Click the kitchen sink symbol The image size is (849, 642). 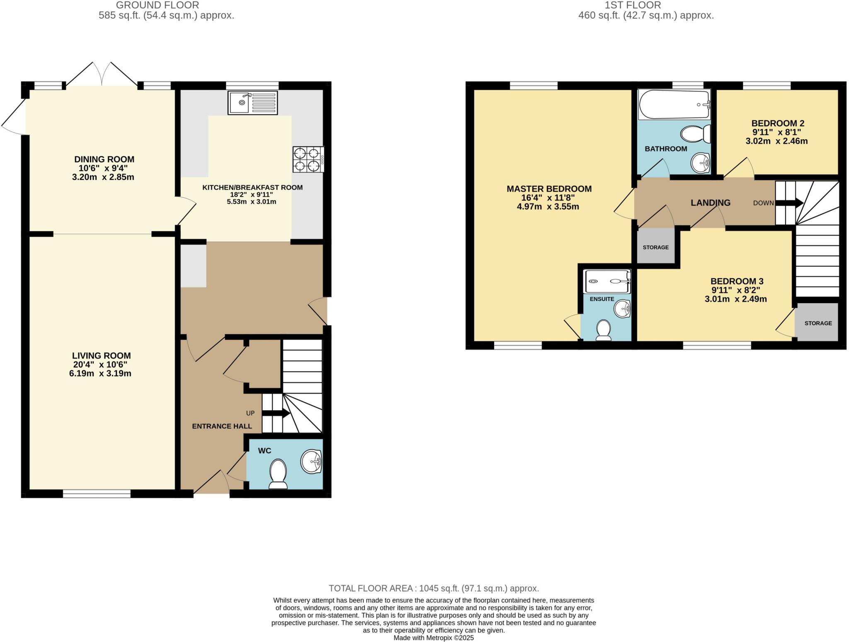252,103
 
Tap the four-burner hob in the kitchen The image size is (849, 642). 308,159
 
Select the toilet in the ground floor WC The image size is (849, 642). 278,475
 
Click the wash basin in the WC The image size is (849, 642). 311,461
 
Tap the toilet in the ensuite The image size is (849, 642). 603,331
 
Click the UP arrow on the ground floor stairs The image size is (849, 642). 276,413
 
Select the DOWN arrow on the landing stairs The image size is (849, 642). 789,203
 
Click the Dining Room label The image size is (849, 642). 104,159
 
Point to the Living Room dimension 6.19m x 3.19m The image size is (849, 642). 100,374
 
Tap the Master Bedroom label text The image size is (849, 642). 549,189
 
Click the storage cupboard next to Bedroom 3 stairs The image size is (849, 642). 817,323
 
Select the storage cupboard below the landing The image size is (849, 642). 655,247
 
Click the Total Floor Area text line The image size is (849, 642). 434,588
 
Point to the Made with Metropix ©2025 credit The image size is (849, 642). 434,638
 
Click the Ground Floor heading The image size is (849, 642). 157,5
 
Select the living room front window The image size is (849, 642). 97,494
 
